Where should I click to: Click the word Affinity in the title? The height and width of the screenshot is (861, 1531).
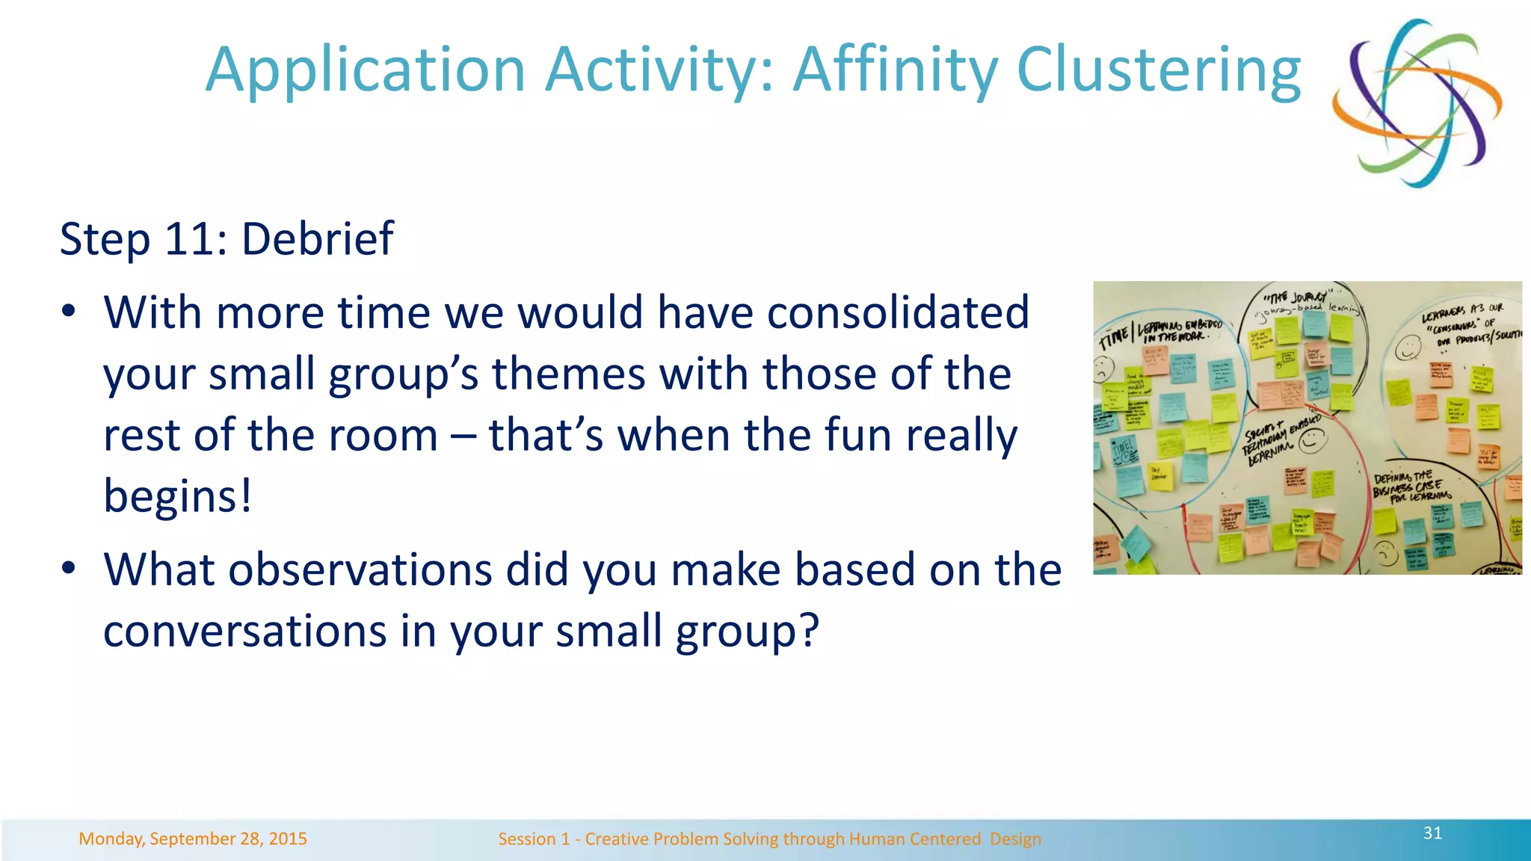895,70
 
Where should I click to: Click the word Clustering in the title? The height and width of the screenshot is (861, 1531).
1159,70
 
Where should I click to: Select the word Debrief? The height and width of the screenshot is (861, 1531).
317,239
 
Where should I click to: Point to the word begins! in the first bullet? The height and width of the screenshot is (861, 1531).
178,496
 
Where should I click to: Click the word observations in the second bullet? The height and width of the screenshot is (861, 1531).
360,570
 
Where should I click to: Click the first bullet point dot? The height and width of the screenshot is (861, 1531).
69,312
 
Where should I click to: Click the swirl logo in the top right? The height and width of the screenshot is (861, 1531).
1417,102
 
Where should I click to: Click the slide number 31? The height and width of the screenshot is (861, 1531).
1432,833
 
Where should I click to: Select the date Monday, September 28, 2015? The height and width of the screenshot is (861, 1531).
193,839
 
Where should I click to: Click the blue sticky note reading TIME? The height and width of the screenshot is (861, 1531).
1124,450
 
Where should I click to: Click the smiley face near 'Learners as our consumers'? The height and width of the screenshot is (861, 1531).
1408,348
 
